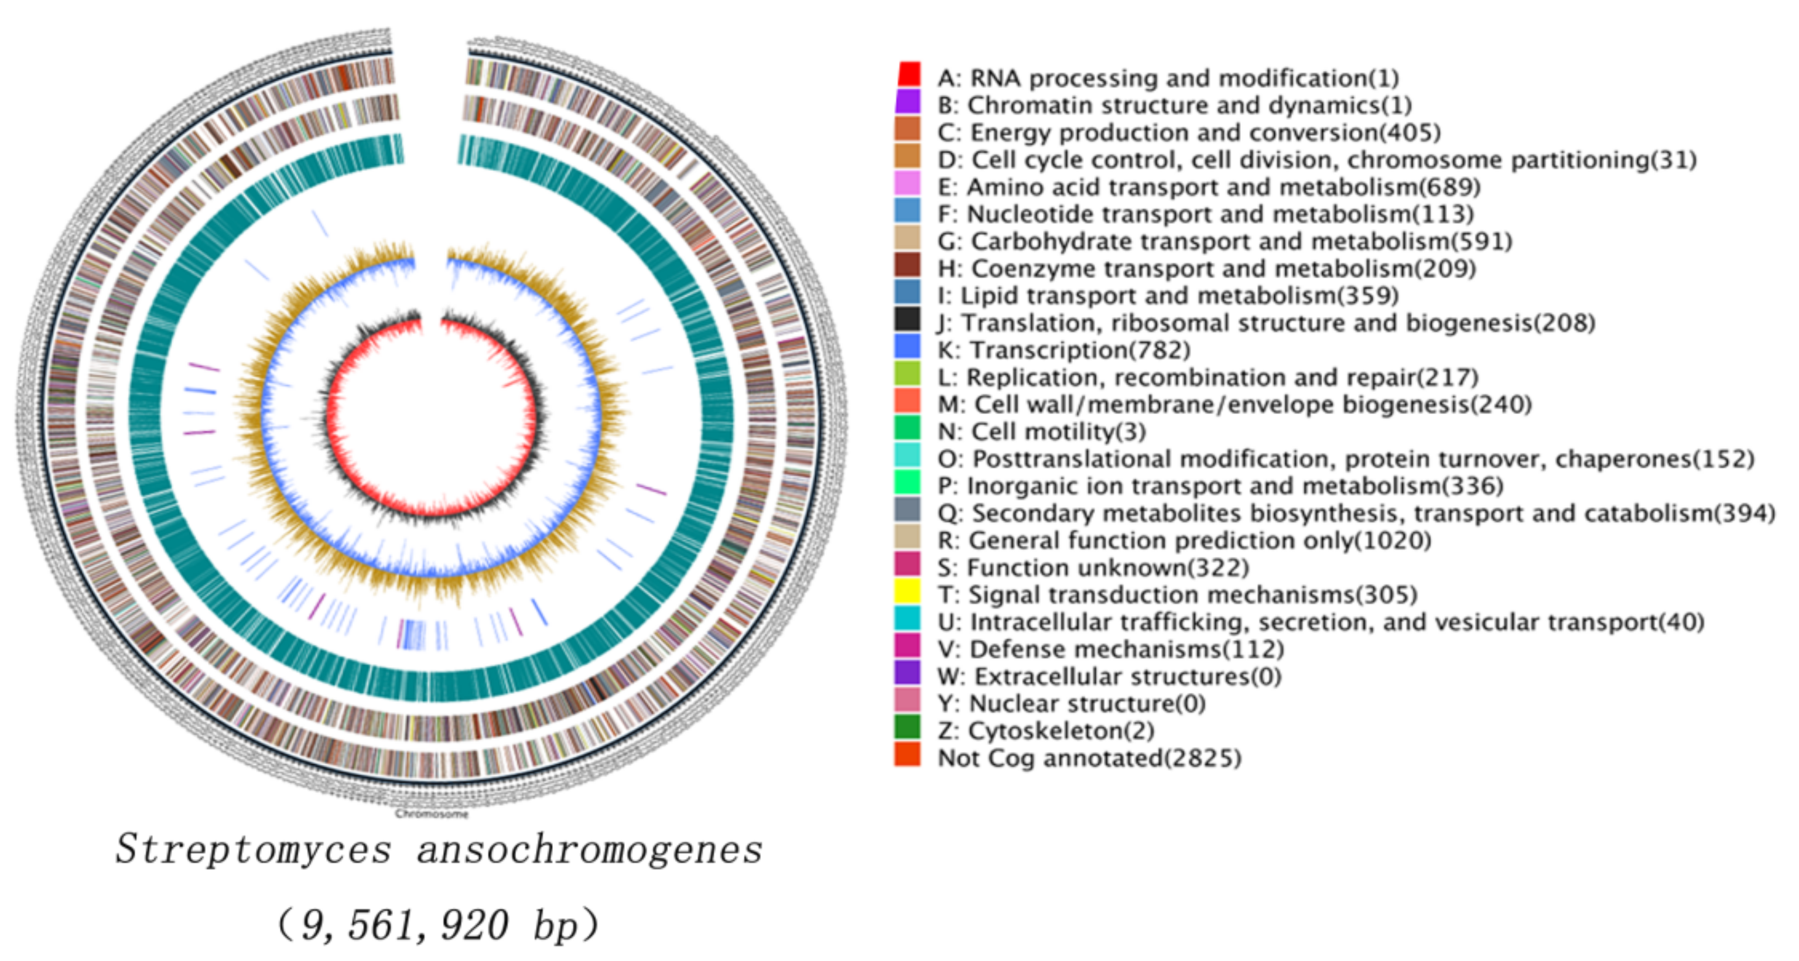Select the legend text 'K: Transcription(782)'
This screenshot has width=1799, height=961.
click(1063, 350)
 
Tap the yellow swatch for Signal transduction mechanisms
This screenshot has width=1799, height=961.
click(907, 592)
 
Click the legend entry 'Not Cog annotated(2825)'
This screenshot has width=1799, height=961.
click(1089, 758)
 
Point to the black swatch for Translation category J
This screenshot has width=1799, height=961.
click(907, 320)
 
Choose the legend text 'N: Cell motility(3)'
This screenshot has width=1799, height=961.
click(1041, 432)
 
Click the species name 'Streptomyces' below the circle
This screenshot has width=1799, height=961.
click(254, 849)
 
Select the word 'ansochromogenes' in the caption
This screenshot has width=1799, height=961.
click(590, 849)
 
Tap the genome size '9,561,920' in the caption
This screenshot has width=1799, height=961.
click(405, 925)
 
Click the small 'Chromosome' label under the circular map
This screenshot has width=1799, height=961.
click(432, 813)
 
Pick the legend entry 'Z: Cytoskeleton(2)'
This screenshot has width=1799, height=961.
click(1045, 730)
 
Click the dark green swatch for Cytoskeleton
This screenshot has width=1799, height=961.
click(907, 728)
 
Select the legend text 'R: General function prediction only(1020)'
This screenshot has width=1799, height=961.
click(1184, 541)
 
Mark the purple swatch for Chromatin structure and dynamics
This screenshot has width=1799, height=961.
click(907, 102)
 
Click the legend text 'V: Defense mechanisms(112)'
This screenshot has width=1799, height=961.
click(1110, 649)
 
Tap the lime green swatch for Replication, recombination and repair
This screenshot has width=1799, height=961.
click(907, 374)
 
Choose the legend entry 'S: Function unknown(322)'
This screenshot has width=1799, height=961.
click(1093, 568)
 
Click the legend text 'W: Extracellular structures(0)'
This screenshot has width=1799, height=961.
click(1109, 677)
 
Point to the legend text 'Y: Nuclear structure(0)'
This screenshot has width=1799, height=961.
click(1071, 703)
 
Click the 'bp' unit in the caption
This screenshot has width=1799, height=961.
click(556, 925)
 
